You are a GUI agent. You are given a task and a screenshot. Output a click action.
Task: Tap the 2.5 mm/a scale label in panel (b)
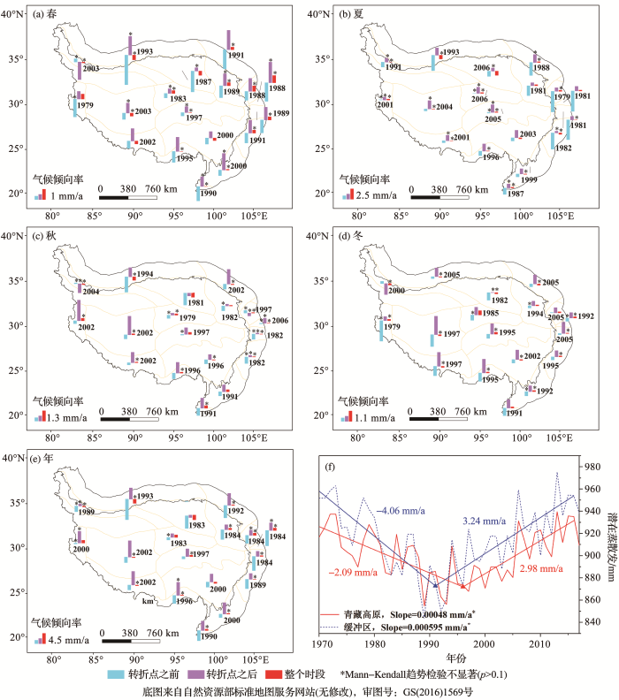click(379, 194)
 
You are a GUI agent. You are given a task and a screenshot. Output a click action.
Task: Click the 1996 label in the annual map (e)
click(183, 600)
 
